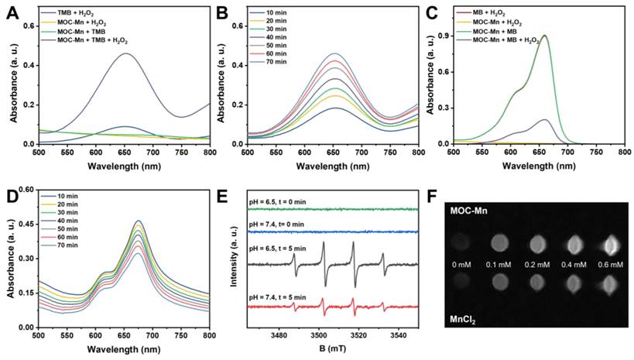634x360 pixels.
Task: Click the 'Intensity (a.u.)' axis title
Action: pos(235,259)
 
